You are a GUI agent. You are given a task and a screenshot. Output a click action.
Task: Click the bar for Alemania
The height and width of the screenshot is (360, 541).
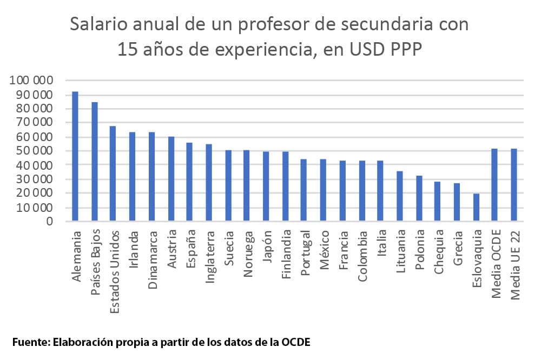pos(75,156)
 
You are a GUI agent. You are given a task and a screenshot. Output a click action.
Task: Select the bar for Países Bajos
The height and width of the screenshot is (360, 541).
pos(95,161)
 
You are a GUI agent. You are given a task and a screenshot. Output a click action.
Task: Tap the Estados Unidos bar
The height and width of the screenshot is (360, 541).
pos(113,174)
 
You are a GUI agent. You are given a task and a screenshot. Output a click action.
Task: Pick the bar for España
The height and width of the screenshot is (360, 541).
pos(189,182)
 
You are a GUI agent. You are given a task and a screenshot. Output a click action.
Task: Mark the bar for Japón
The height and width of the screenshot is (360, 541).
pos(266,186)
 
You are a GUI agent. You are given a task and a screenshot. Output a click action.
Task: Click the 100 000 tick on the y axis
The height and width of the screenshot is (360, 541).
pos(31,81)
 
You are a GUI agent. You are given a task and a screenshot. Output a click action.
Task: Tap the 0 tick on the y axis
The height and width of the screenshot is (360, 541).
pos(50,221)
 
